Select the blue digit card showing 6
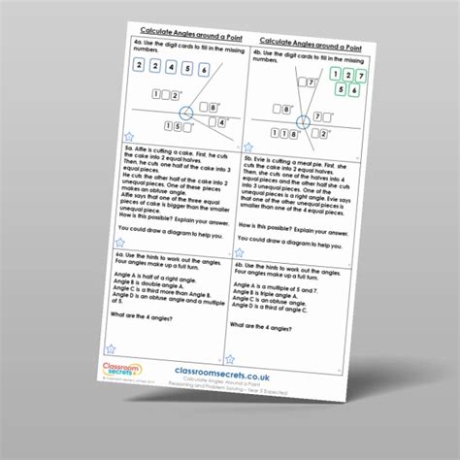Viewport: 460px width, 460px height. [x=203, y=70]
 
